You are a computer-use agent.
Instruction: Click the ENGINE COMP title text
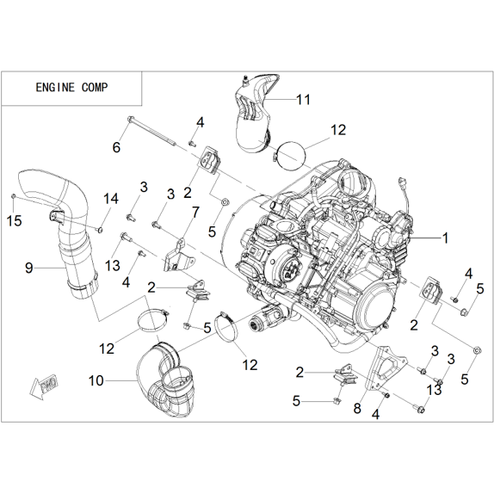click(71, 87)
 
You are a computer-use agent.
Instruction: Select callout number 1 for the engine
click(445, 238)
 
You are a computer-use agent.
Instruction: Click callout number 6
click(116, 147)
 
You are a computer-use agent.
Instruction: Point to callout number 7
click(195, 213)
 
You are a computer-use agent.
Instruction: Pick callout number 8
click(357, 408)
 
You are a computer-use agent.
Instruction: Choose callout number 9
click(29, 269)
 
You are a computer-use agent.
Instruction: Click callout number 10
click(96, 380)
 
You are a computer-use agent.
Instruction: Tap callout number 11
click(304, 100)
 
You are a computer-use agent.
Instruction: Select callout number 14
click(111, 199)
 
